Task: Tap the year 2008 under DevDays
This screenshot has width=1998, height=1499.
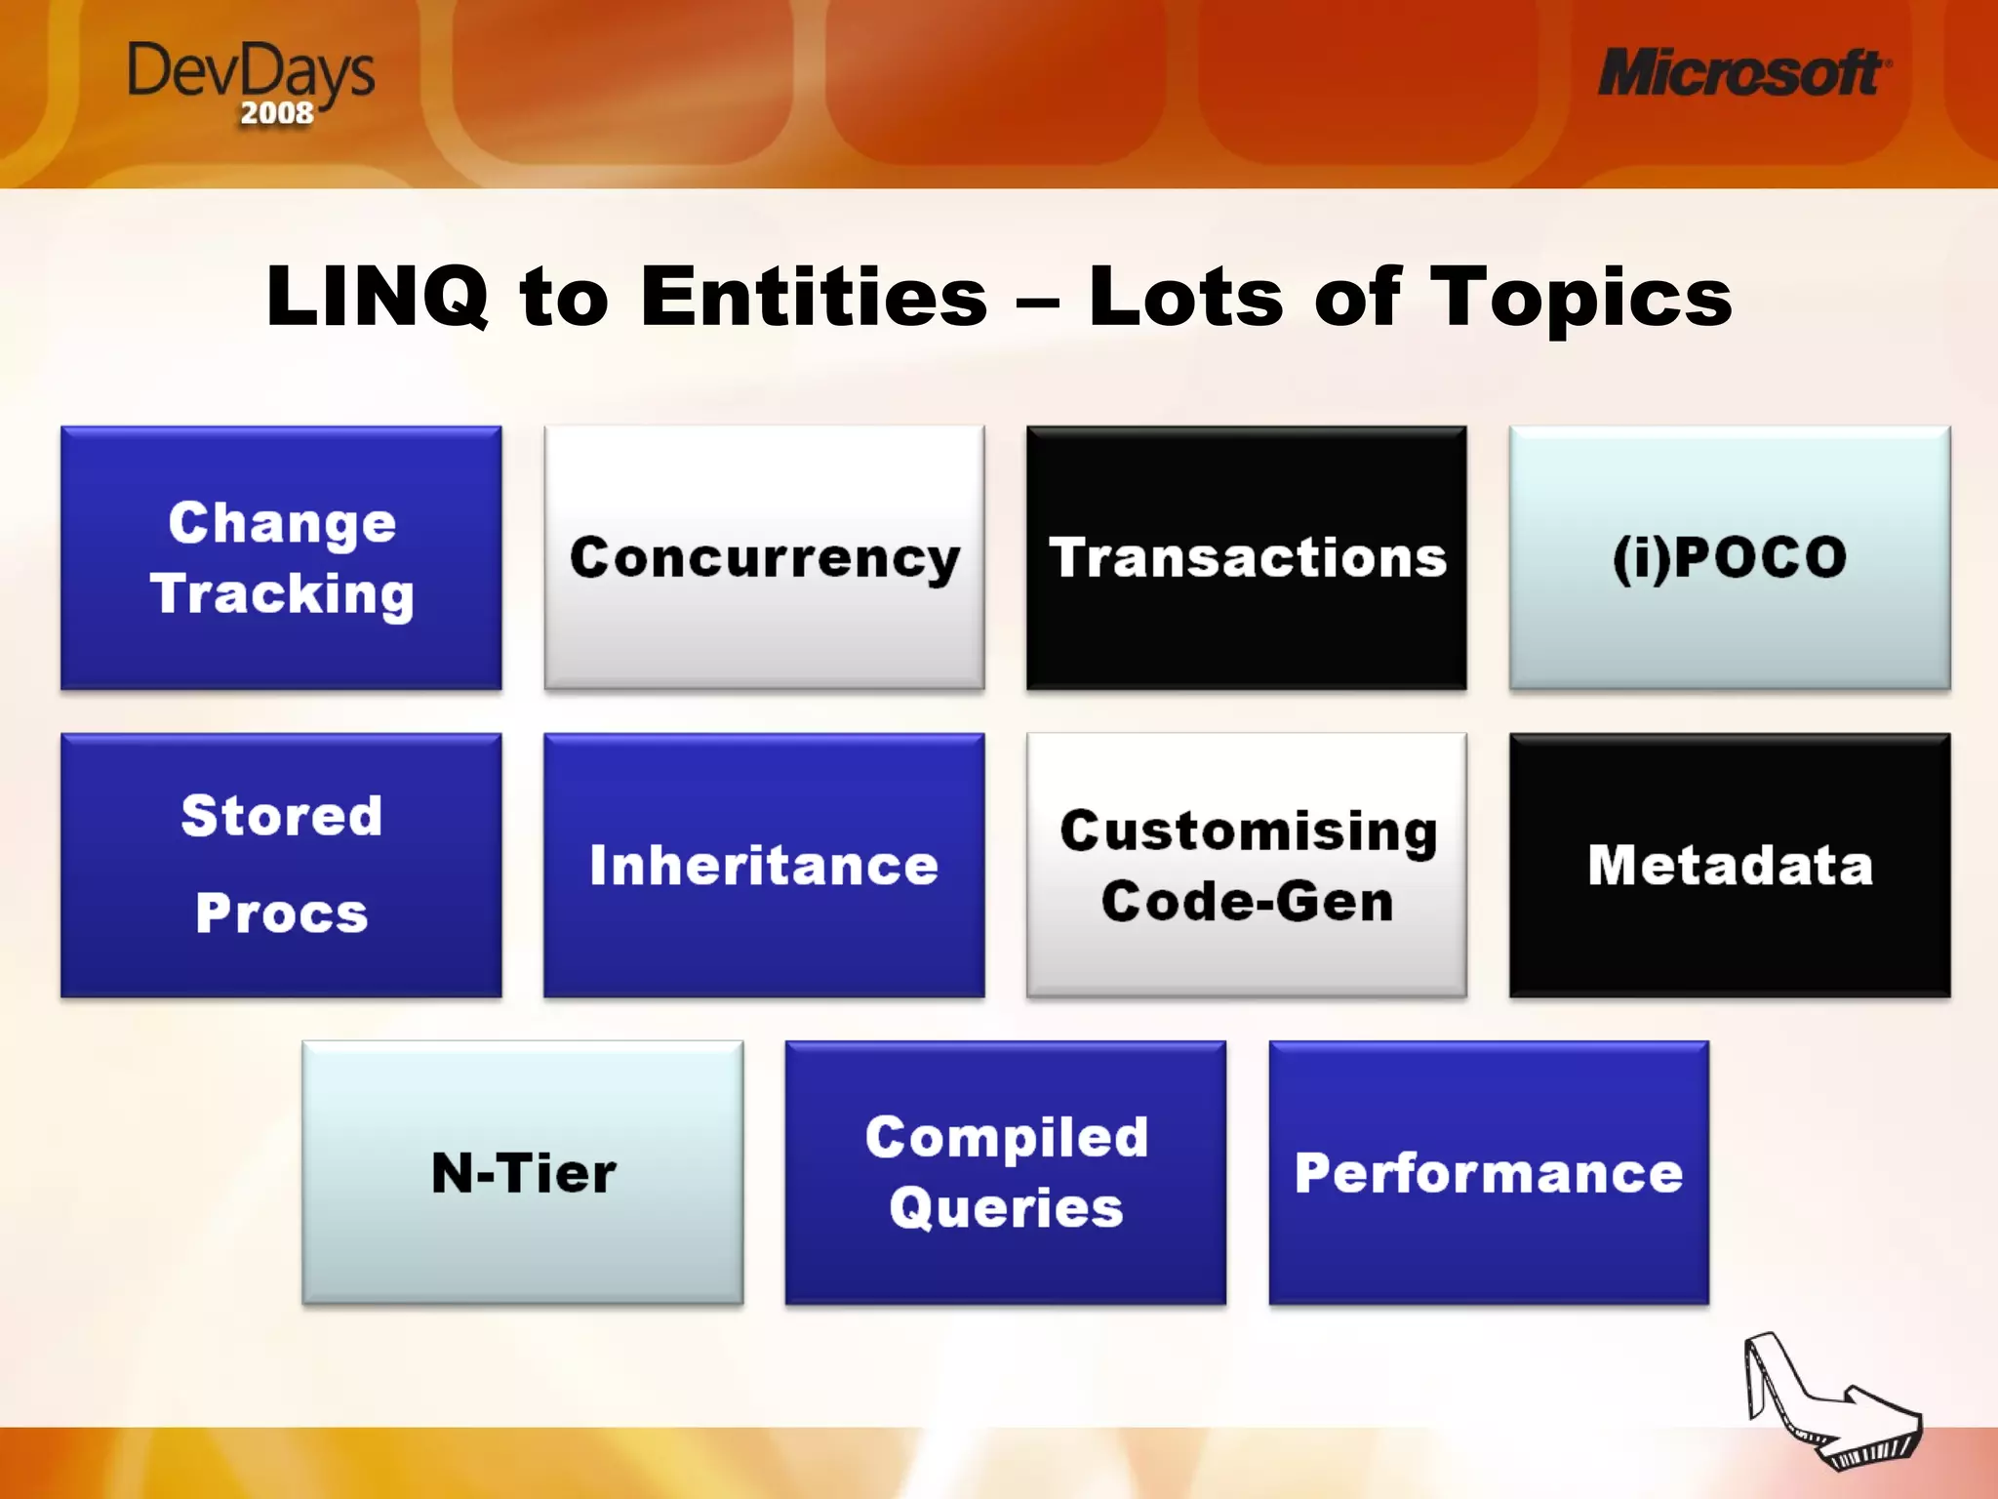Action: (x=277, y=113)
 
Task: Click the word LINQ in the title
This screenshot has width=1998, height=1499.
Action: (x=377, y=297)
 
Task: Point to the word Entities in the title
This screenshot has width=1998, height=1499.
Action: (x=815, y=297)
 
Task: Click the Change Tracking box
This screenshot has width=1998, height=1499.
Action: (x=281, y=558)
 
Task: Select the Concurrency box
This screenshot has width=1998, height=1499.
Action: (x=764, y=558)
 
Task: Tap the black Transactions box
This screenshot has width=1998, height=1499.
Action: (x=1246, y=558)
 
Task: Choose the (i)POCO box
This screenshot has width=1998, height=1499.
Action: (x=1729, y=558)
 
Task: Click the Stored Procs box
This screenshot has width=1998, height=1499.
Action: (x=281, y=865)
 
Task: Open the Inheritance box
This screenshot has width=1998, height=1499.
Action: (x=764, y=865)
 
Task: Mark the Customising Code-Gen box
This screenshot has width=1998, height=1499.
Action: (x=1246, y=865)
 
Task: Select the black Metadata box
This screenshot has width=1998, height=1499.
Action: (x=1729, y=865)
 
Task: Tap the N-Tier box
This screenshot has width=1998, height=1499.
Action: (x=523, y=1172)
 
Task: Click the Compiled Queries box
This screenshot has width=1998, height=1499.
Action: (x=1005, y=1172)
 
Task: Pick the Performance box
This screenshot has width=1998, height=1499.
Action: (x=1488, y=1172)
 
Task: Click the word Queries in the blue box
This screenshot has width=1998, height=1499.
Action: (x=1006, y=1208)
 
